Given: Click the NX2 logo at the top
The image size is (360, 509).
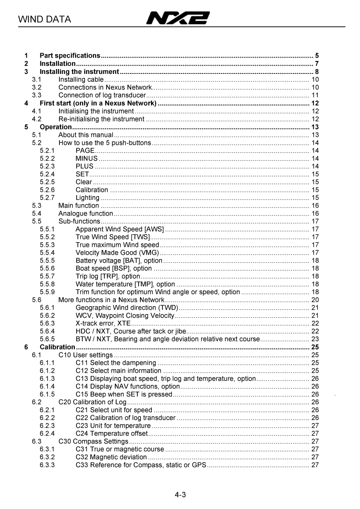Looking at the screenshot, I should pyautogui.click(x=178, y=18).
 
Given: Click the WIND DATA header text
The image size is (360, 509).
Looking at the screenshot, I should pyautogui.click(x=44, y=19).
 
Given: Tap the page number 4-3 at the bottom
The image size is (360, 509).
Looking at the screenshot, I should pyautogui.click(x=180, y=495).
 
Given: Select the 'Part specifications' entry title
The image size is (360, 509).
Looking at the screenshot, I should pyautogui.click(x=70, y=56).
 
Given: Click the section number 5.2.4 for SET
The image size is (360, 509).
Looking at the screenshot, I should pyautogui.click(x=47, y=174).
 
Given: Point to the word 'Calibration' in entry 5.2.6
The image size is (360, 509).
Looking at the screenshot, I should pyautogui.click(x=92, y=190).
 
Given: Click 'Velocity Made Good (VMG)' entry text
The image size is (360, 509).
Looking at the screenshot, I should pyautogui.click(x=117, y=253).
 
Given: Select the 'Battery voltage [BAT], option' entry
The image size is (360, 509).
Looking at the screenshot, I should pyautogui.click(x=119, y=261).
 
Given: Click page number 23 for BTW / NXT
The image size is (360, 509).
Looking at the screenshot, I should pyautogui.click(x=315, y=339).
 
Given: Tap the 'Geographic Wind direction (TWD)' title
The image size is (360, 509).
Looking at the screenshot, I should pyautogui.click(x=127, y=308).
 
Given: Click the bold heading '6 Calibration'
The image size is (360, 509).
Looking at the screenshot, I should pyautogui.click(x=57, y=347).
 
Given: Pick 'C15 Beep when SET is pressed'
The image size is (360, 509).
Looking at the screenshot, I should pyautogui.click(x=124, y=394).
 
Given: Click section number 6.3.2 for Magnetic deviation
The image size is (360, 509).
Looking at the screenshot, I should pyautogui.click(x=47, y=457).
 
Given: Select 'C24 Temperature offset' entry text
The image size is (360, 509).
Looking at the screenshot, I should pyautogui.click(x=112, y=433).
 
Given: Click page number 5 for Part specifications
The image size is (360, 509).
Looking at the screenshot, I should pyautogui.click(x=317, y=56).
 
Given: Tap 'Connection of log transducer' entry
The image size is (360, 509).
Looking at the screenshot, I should pyautogui.click(x=102, y=95).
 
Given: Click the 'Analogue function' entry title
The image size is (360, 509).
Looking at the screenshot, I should pyautogui.click(x=86, y=214).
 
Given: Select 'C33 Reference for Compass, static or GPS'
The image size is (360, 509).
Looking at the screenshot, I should pyautogui.click(x=141, y=465).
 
